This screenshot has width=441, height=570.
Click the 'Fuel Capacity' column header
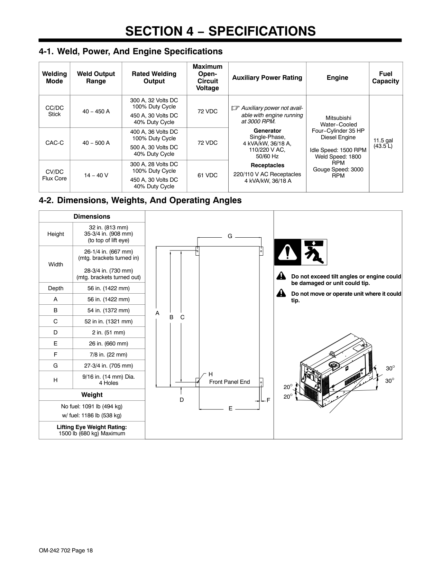point(385,78)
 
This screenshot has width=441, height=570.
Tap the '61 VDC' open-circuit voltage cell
point(208,175)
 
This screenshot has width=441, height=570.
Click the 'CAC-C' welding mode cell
point(55,143)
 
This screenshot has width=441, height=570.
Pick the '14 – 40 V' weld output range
point(96,175)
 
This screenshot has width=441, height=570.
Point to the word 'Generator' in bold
point(267,131)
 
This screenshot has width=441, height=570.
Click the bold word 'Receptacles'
point(267,165)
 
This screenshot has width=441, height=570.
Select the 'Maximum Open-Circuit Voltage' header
point(208,77)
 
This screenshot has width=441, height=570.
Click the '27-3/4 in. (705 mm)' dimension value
point(109,365)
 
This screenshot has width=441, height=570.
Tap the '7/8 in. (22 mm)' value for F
point(109,354)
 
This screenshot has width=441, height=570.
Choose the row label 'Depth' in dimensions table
point(56,288)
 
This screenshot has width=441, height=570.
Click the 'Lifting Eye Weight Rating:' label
point(92,427)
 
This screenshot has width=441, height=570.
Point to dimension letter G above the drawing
point(230,236)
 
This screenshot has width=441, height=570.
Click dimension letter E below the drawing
point(230,409)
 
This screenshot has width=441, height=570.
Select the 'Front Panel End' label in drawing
point(229,382)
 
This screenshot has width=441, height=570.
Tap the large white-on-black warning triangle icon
point(287,252)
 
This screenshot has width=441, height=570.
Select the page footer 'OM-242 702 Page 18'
point(66,551)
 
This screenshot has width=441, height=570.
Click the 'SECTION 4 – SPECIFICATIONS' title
point(220,31)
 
